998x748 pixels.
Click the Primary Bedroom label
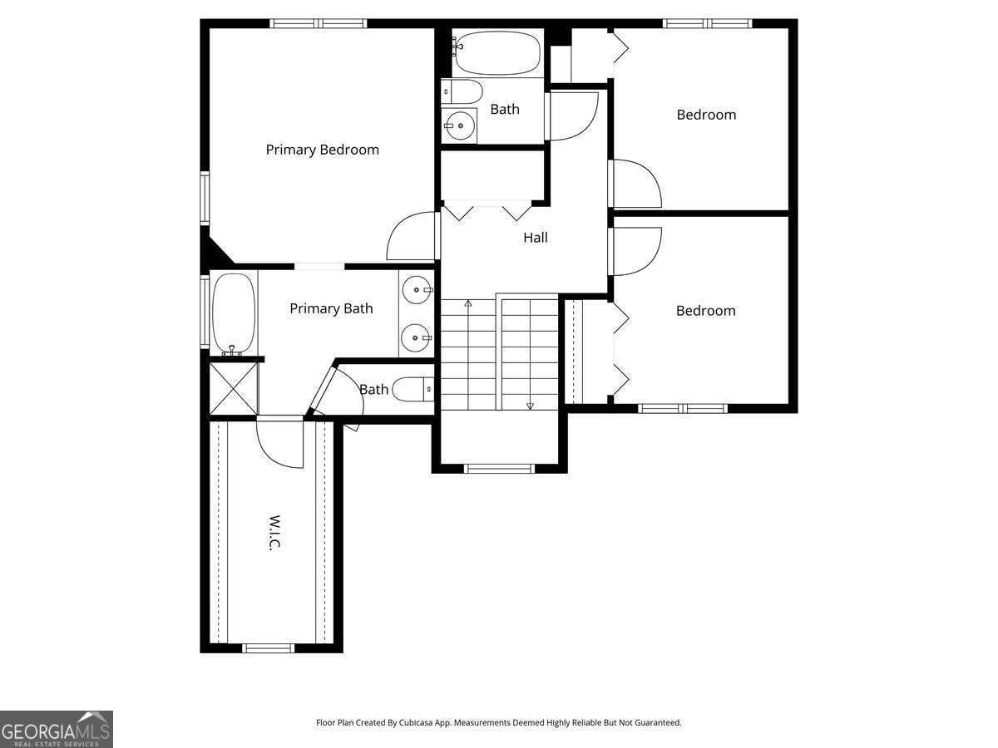coord(322,150)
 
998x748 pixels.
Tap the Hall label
coord(535,238)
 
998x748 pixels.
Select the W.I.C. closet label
coord(274,533)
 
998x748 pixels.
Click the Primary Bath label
coord(331,308)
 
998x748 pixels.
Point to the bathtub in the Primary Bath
coord(234,314)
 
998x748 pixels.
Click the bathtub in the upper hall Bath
coord(497,52)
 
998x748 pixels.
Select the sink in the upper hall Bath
coord(459,125)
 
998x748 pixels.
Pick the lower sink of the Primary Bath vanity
coord(417,338)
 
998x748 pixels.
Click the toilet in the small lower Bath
coord(413,389)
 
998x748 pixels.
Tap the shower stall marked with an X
coord(233,388)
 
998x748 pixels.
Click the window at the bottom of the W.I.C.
coord(268,648)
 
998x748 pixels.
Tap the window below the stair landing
coord(499,469)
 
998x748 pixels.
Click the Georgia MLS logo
coord(57,730)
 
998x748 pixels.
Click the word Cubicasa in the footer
coord(415,722)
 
